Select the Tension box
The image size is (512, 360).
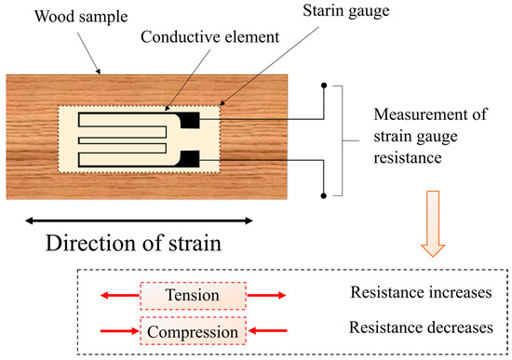192,296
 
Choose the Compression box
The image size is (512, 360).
192,329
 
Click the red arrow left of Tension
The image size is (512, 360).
119,297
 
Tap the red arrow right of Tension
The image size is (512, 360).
266,297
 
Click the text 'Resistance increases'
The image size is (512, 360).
421,294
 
